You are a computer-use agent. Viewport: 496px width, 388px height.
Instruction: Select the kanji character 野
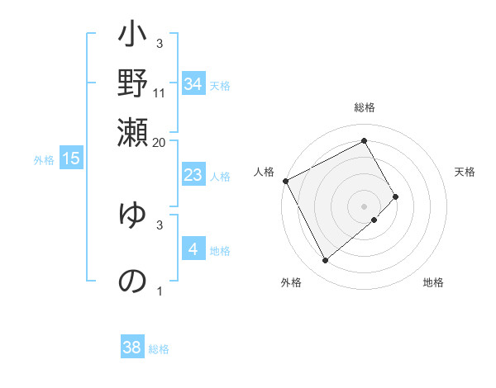pos(132,85)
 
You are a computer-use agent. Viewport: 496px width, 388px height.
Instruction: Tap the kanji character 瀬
pos(132,132)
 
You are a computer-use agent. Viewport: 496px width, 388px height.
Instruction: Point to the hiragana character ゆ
pos(132,216)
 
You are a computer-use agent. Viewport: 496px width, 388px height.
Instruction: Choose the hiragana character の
pos(132,281)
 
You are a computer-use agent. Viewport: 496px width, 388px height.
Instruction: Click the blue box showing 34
pos(193,84)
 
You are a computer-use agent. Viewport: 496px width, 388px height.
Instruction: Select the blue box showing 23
pos(193,175)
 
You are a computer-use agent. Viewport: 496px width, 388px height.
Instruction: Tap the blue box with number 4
pos(193,249)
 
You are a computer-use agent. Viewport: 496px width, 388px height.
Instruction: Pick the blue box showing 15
pos(71,159)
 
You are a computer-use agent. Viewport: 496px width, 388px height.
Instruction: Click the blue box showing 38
pos(132,348)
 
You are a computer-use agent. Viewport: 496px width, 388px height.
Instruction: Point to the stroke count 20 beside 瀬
pos(160,142)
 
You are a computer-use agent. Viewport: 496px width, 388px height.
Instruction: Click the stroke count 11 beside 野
pos(160,92)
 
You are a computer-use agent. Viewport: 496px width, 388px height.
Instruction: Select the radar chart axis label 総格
pos(365,108)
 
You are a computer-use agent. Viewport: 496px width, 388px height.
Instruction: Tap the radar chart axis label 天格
pos(465,172)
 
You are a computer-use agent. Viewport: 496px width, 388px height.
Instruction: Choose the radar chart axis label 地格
pos(433,282)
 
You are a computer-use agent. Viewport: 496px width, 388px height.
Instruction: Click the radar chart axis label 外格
pos(291,282)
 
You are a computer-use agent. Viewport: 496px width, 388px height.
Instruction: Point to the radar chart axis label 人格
pos(264,172)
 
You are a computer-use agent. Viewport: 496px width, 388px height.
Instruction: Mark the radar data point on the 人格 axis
pos(285,180)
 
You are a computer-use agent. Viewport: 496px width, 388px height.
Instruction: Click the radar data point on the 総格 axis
pos(365,141)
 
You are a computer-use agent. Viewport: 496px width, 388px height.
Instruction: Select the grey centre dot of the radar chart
pos(365,206)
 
